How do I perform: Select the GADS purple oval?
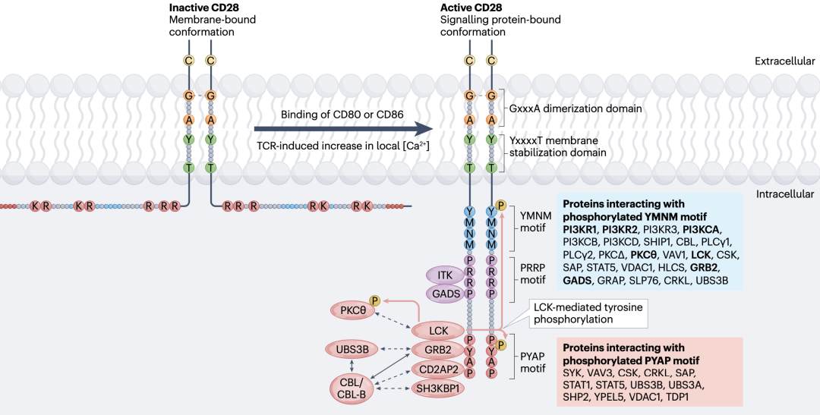pyautogui.click(x=446, y=294)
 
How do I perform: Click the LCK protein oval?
pyautogui.click(x=438, y=331)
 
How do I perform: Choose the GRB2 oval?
pyautogui.click(x=438, y=350)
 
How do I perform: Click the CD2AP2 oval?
pyautogui.click(x=438, y=369)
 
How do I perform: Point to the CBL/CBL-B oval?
pyautogui.click(x=352, y=388)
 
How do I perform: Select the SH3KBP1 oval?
pyautogui.click(x=438, y=388)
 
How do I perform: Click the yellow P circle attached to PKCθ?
pyautogui.click(x=375, y=300)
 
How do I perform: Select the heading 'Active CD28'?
pyautogui.click(x=471, y=8)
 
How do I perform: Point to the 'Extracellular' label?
pyautogui.click(x=784, y=61)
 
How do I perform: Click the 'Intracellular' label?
pyautogui.click(x=785, y=194)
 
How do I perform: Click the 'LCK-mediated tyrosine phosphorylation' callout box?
pyautogui.click(x=588, y=313)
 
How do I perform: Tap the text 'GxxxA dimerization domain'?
pyautogui.click(x=576, y=108)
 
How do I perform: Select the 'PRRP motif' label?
pyautogui.click(x=533, y=274)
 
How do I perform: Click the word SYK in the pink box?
pyautogui.click(x=573, y=373)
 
